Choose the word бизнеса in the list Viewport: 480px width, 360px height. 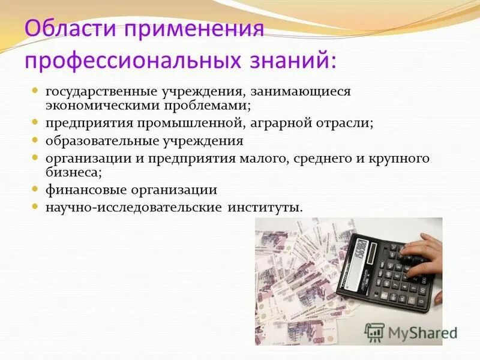[70, 173]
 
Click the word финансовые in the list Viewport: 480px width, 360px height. [82, 190]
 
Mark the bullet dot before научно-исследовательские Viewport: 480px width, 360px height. [35, 206]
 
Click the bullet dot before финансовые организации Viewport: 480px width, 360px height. [35, 189]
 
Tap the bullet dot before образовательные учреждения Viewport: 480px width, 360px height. [35, 140]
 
